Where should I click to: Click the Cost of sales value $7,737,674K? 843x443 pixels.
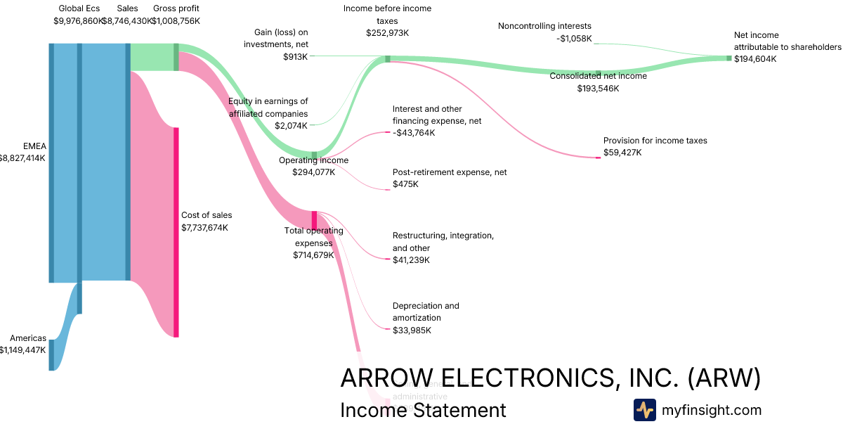[204, 228]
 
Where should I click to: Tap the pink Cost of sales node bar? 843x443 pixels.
[176, 232]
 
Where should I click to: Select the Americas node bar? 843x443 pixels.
[51, 354]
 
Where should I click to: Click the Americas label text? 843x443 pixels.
[28, 338]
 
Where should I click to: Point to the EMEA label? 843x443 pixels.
[34, 146]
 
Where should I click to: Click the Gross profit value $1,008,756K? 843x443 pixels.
[176, 21]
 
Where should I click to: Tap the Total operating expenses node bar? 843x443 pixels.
[315, 219]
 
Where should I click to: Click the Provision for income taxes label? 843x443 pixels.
[655, 141]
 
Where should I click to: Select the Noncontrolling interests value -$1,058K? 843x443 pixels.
[574, 39]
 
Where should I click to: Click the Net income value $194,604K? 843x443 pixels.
[755, 59]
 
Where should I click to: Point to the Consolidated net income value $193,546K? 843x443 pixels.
[598, 89]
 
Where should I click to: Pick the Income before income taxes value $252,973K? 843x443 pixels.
[387, 33]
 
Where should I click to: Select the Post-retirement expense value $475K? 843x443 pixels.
[405, 184]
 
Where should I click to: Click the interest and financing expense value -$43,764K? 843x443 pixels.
[414, 133]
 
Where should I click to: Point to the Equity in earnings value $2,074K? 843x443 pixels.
[291, 126]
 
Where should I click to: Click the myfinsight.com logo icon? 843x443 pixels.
[644, 410]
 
